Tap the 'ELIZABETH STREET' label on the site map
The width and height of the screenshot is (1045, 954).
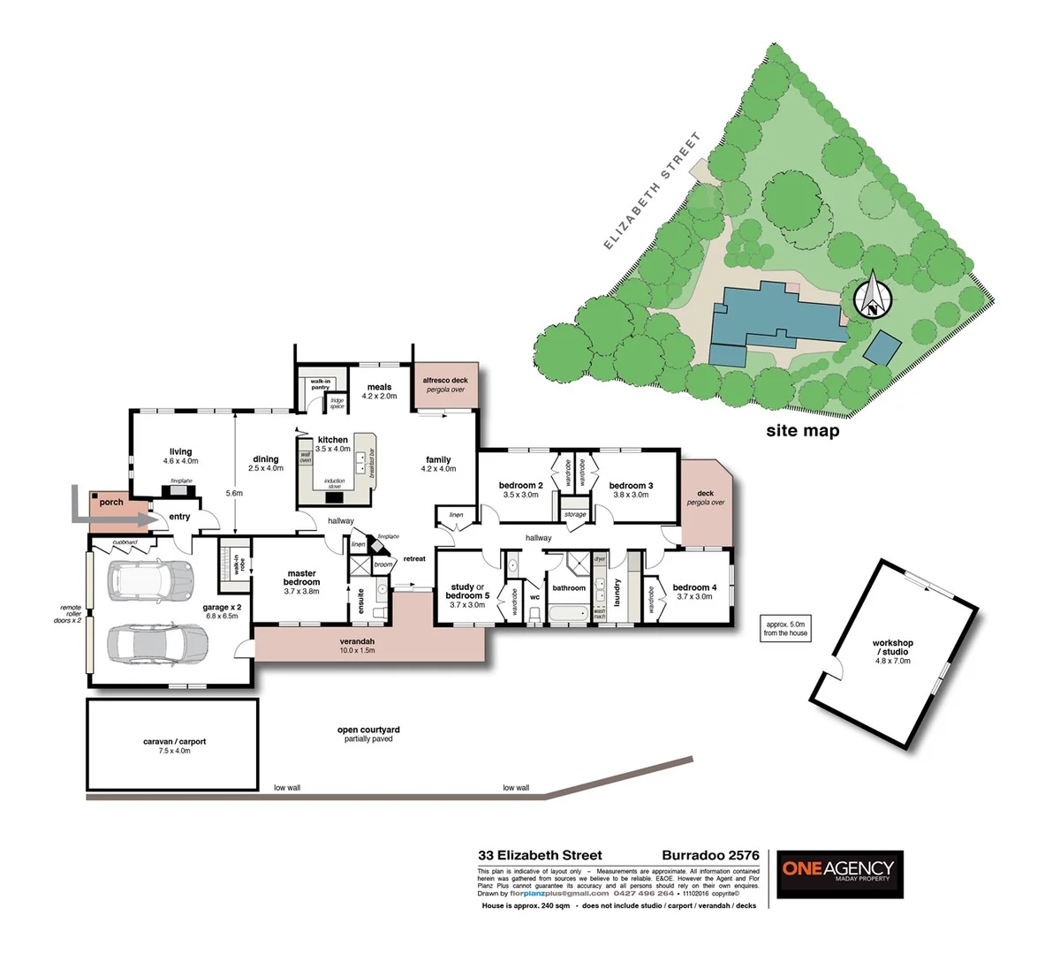pos(652,192)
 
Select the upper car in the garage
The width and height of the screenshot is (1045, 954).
pos(149,580)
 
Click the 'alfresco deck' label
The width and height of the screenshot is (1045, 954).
pos(445,380)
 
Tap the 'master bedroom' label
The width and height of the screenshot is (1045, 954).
pos(301,578)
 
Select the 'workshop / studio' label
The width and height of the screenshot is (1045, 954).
pos(892,647)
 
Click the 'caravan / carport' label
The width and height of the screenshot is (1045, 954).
pos(174,742)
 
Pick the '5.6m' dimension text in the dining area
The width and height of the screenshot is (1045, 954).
pos(234,494)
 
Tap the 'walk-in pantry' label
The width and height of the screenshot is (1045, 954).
pos(320,384)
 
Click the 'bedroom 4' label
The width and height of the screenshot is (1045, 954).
pos(694,587)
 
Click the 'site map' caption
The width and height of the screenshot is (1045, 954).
pos(802,431)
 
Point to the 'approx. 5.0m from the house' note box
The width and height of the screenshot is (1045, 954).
pos(785,628)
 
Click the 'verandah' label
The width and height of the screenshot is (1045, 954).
pos(357,641)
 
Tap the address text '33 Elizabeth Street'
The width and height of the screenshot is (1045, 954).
pos(540,855)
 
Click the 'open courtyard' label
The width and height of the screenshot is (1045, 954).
pos(368,730)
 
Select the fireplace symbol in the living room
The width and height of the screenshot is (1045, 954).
pos(181,488)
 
